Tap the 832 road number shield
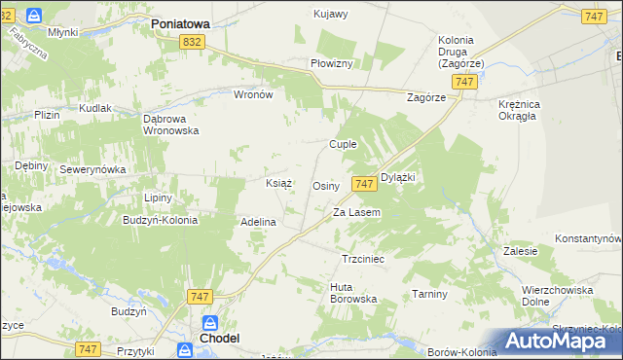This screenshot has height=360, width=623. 192,41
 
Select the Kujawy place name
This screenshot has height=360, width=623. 331,14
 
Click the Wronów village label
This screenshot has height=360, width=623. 253,95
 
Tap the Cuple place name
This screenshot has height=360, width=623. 343,144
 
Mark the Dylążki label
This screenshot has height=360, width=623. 397,178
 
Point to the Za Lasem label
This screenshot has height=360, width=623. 356,212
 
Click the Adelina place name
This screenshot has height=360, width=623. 259,222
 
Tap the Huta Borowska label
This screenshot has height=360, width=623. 353,292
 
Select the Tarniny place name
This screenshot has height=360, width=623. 429,294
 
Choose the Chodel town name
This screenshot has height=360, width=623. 219,338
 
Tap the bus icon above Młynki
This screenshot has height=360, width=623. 34,17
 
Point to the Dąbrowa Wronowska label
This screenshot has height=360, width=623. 171,124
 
